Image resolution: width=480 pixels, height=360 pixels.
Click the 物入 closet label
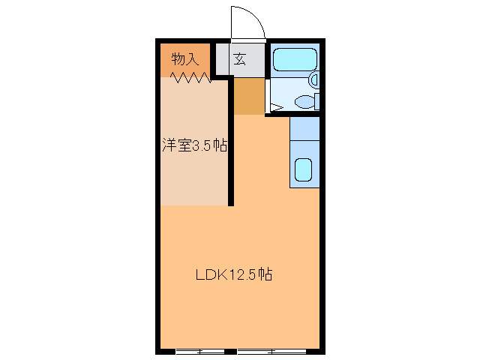click(x=184, y=59)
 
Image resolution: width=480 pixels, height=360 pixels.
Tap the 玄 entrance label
click(x=239, y=59)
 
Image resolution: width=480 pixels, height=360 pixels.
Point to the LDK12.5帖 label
click(x=233, y=274)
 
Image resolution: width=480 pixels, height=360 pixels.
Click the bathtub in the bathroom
click(x=293, y=59)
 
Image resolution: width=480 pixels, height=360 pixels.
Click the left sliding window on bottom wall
click(x=200, y=350)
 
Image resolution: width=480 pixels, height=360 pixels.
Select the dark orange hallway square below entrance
click(x=250, y=96)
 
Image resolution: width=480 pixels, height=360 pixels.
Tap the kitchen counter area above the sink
click(x=304, y=129)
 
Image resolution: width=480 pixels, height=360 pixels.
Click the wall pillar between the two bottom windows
click(x=231, y=350)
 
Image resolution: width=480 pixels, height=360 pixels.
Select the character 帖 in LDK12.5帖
click(x=265, y=274)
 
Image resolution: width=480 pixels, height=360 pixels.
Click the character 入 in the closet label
click(x=193, y=59)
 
